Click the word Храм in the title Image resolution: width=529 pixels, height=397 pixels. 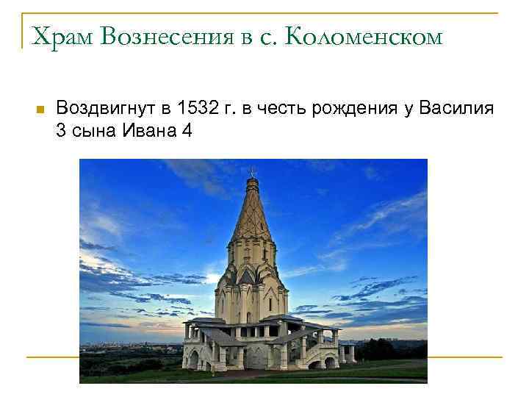[57, 35]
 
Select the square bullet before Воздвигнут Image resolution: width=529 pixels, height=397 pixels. [40, 110]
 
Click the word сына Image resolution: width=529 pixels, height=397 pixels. [90, 132]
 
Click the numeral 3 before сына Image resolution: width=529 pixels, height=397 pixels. [60, 132]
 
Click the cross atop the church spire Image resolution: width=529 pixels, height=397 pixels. [252, 172]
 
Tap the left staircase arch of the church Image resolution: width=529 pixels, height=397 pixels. [195, 358]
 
